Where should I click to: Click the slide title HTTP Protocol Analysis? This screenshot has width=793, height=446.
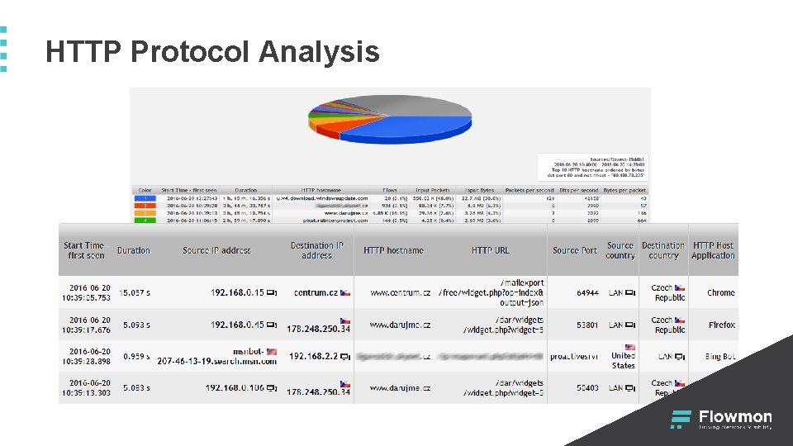pos(212,52)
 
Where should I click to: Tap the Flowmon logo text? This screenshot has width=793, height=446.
pos(735,417)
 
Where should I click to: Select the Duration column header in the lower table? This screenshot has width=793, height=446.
pos(133,250)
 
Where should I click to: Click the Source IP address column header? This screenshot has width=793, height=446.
pos(216,250)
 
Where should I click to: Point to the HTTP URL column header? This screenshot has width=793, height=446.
pos(491,250)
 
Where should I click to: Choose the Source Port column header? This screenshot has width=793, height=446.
pos(575,250)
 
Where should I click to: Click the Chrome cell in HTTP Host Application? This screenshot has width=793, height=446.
pos(720,292)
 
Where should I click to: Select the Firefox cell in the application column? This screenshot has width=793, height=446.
pos(721,325)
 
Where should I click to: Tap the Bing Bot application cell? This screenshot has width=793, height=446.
pos(719,357)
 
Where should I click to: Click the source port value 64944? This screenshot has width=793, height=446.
pos(587,292)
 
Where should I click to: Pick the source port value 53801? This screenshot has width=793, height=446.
pos(587,325)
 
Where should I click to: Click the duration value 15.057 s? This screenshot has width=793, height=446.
pos(135,292)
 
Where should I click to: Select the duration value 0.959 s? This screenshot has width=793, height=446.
pos(135,357)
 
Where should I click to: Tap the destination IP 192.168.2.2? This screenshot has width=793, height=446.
pos(315,357)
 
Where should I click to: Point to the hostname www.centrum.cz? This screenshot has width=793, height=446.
pos(400,292)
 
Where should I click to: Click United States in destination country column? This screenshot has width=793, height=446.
pos(624,360)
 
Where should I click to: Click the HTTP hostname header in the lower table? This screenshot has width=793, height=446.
pos(393,250)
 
